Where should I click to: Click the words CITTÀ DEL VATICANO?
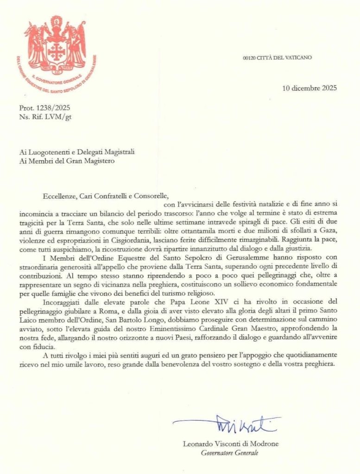point(285,58)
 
